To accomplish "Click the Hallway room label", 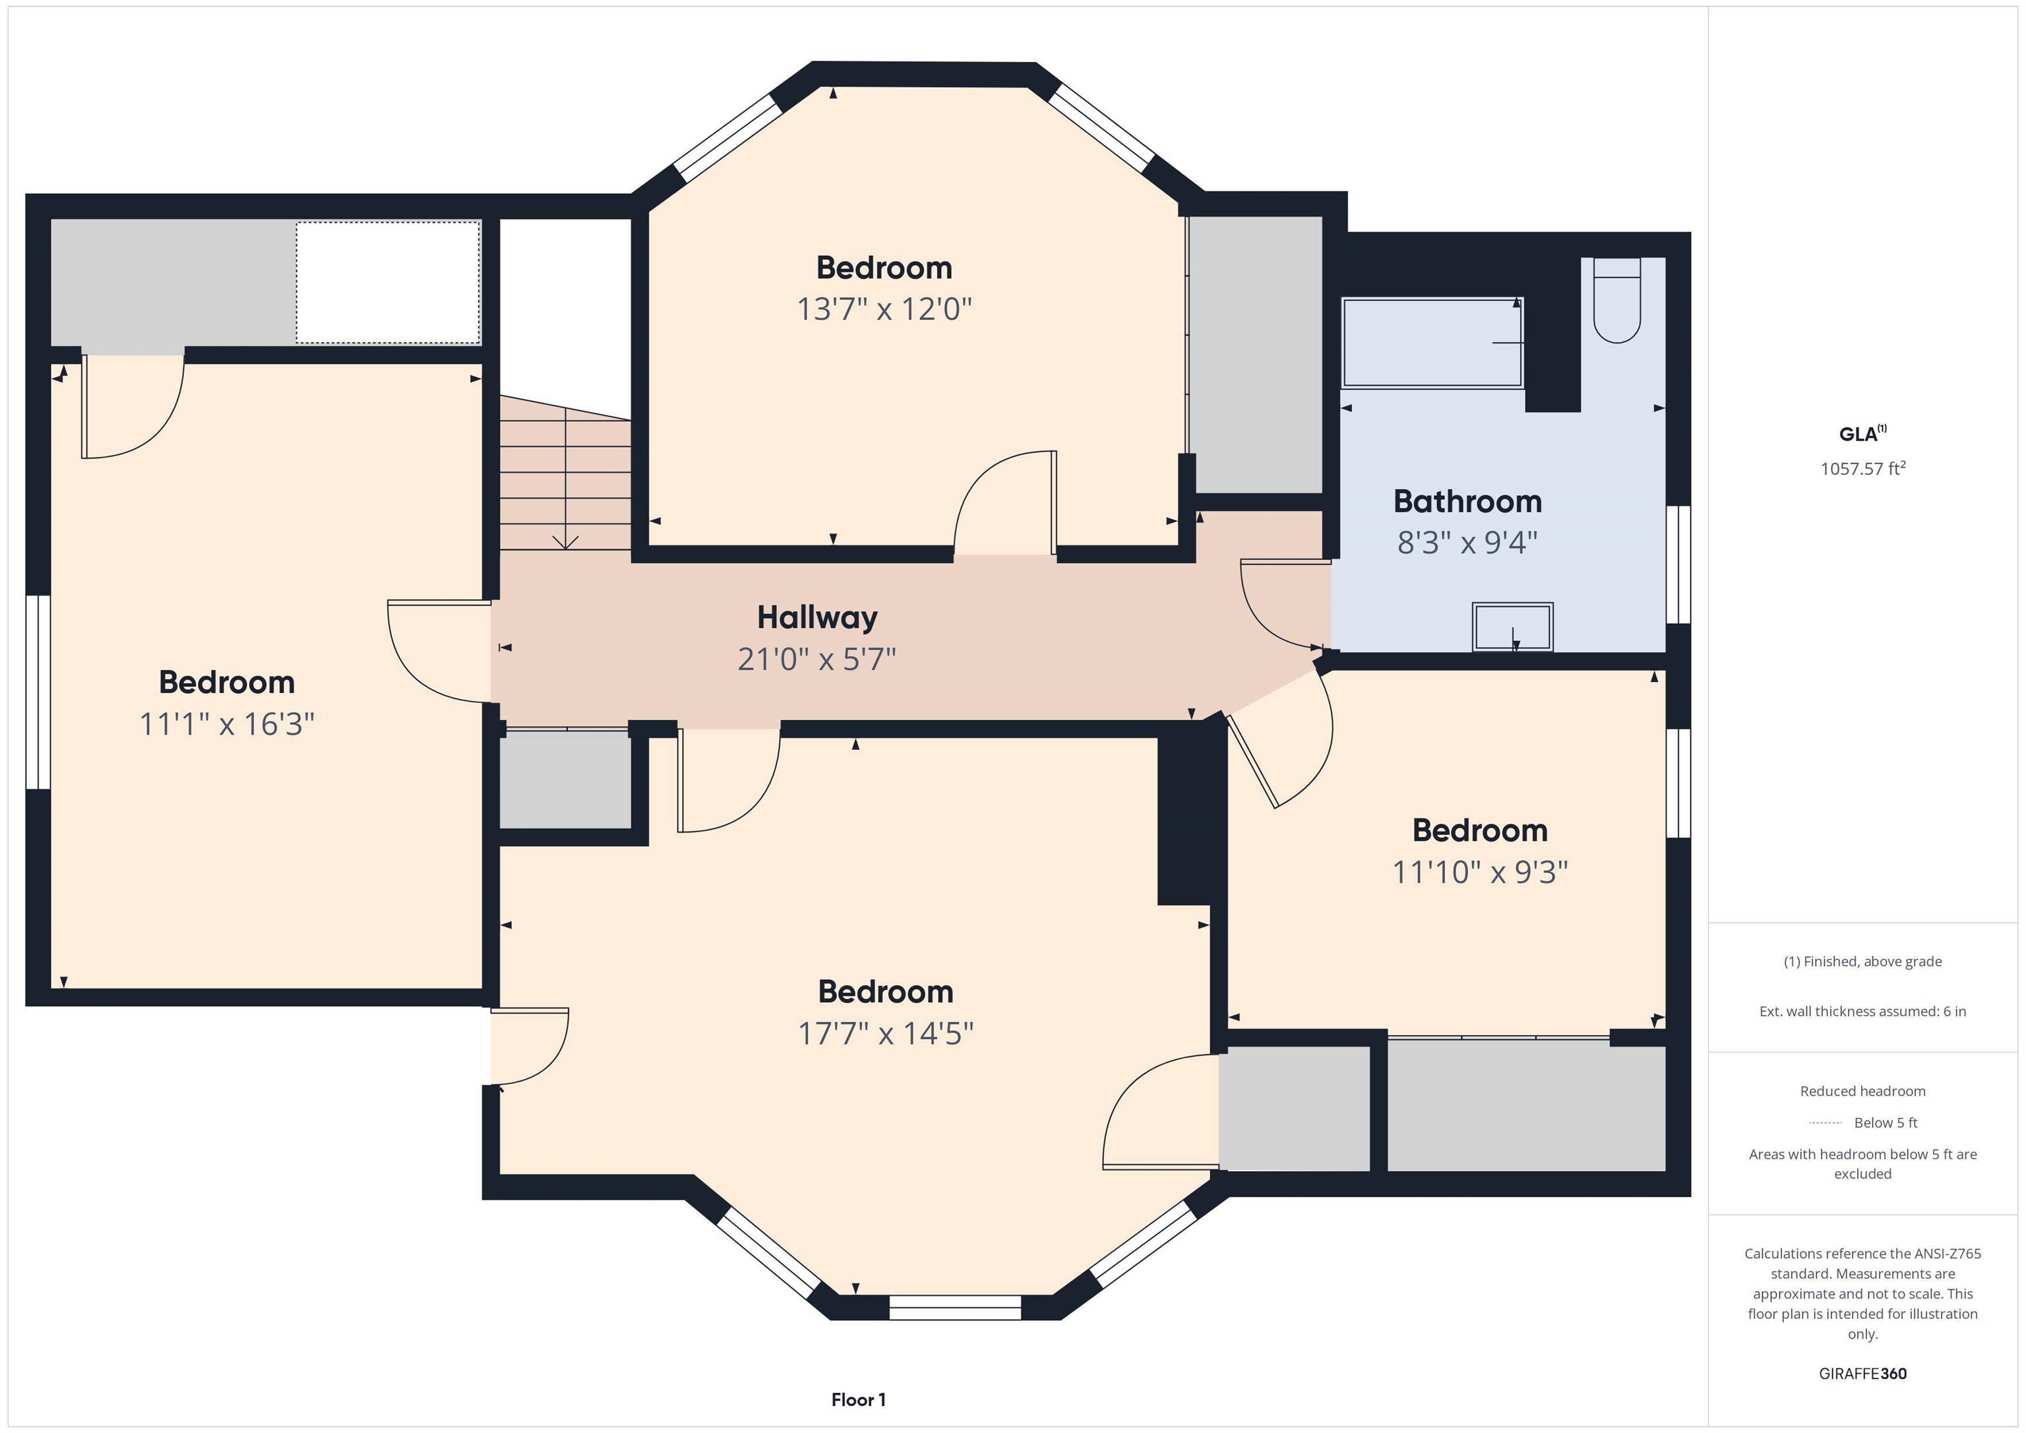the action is click(x=817, y=618).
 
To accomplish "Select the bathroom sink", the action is click(x=1512, y=627).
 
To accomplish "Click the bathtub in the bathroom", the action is click(x=1432, y=342).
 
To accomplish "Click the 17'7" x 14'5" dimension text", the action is click(x=886, y=1033).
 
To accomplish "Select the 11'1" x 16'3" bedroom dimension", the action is click(x=227, y=725).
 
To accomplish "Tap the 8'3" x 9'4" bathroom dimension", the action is click(x=1467, y=543).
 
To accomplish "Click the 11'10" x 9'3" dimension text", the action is click(x=1480, y=872).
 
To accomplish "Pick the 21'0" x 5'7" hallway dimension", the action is click(x=817, y=659).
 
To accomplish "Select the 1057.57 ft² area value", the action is click(x=1862, y=469).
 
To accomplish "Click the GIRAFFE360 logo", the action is click(x=1862, y=1374).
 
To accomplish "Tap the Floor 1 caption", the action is click(x=859, y=1399).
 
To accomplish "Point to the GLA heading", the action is click(x=1862, y=434).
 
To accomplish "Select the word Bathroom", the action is click(x=1467, y=501).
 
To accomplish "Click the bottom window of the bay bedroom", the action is click(x=955, y=1308).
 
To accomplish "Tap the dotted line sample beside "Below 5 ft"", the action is click(x=1825, y=1123).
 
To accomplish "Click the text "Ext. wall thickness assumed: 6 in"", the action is click(x=1862, y=1011).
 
